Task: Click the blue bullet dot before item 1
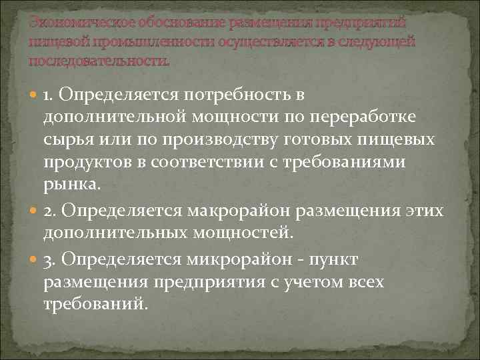(33, 95)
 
